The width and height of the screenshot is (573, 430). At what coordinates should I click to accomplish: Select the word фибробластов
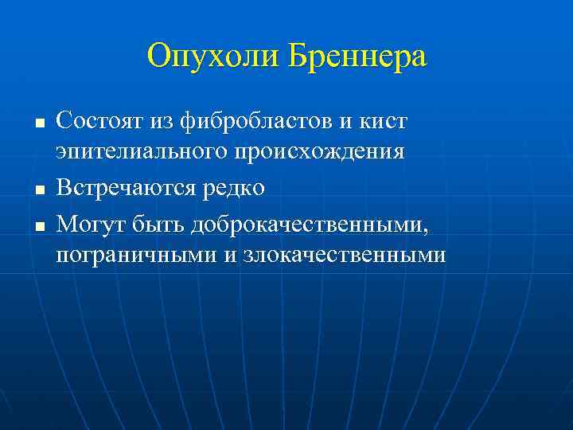[x=255, y=122]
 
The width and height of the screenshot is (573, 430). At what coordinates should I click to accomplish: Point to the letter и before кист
[x=345, y=122]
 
